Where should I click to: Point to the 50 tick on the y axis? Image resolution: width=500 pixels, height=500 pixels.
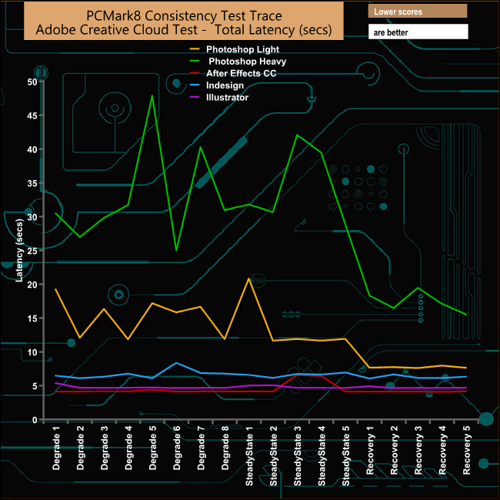pos(33,82)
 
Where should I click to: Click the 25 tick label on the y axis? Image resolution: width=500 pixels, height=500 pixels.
pos(33,251)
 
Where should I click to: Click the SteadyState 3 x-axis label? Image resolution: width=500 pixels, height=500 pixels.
pos(298,455)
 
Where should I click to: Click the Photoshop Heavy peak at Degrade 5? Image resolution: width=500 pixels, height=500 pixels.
pos(152,96)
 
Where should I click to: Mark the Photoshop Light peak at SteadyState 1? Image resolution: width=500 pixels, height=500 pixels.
pos(248,278)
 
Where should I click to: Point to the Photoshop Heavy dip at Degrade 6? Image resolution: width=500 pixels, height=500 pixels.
pos(176,250)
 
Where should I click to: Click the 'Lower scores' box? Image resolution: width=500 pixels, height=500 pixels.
pos(418,12)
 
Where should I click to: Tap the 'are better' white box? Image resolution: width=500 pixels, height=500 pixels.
pos(418,32)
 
